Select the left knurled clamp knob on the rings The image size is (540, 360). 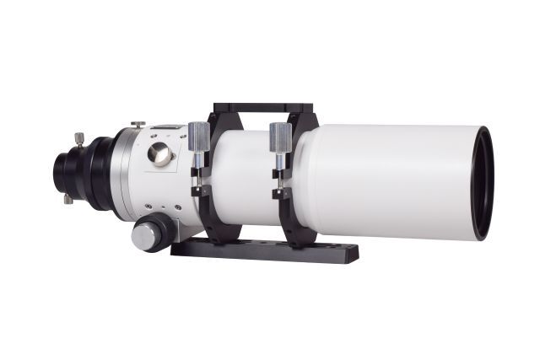coord(198,135)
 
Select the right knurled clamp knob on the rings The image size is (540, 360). coord(280,135)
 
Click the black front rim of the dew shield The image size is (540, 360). coord(482,182)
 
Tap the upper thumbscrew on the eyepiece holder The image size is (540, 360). coord(78,138)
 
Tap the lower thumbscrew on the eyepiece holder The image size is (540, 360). coord(68,200)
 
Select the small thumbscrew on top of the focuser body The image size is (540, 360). coord(138,125)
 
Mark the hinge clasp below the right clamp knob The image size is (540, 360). coord(279,189)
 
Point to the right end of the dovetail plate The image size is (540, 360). coord(350,253)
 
